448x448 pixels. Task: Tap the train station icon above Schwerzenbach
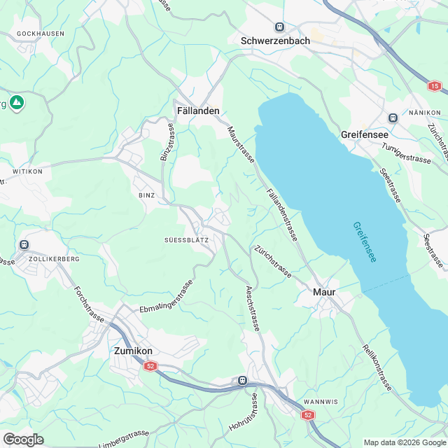pos(280,27)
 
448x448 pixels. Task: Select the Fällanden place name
pos(198,111)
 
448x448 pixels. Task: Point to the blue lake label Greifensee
pos(364,242)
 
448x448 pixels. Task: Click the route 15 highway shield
pos(435,85)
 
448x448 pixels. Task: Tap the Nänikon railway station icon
pos(393,118)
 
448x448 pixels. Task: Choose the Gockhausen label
pos(40,34)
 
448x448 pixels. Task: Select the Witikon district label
pos(27,171)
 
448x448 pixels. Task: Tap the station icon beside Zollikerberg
pos(24,244)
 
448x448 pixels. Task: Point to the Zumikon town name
pos(134,351)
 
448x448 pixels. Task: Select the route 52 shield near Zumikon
pos(150,366)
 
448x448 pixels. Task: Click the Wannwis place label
pos(321,402)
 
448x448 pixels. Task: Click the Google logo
pos(23,439)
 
